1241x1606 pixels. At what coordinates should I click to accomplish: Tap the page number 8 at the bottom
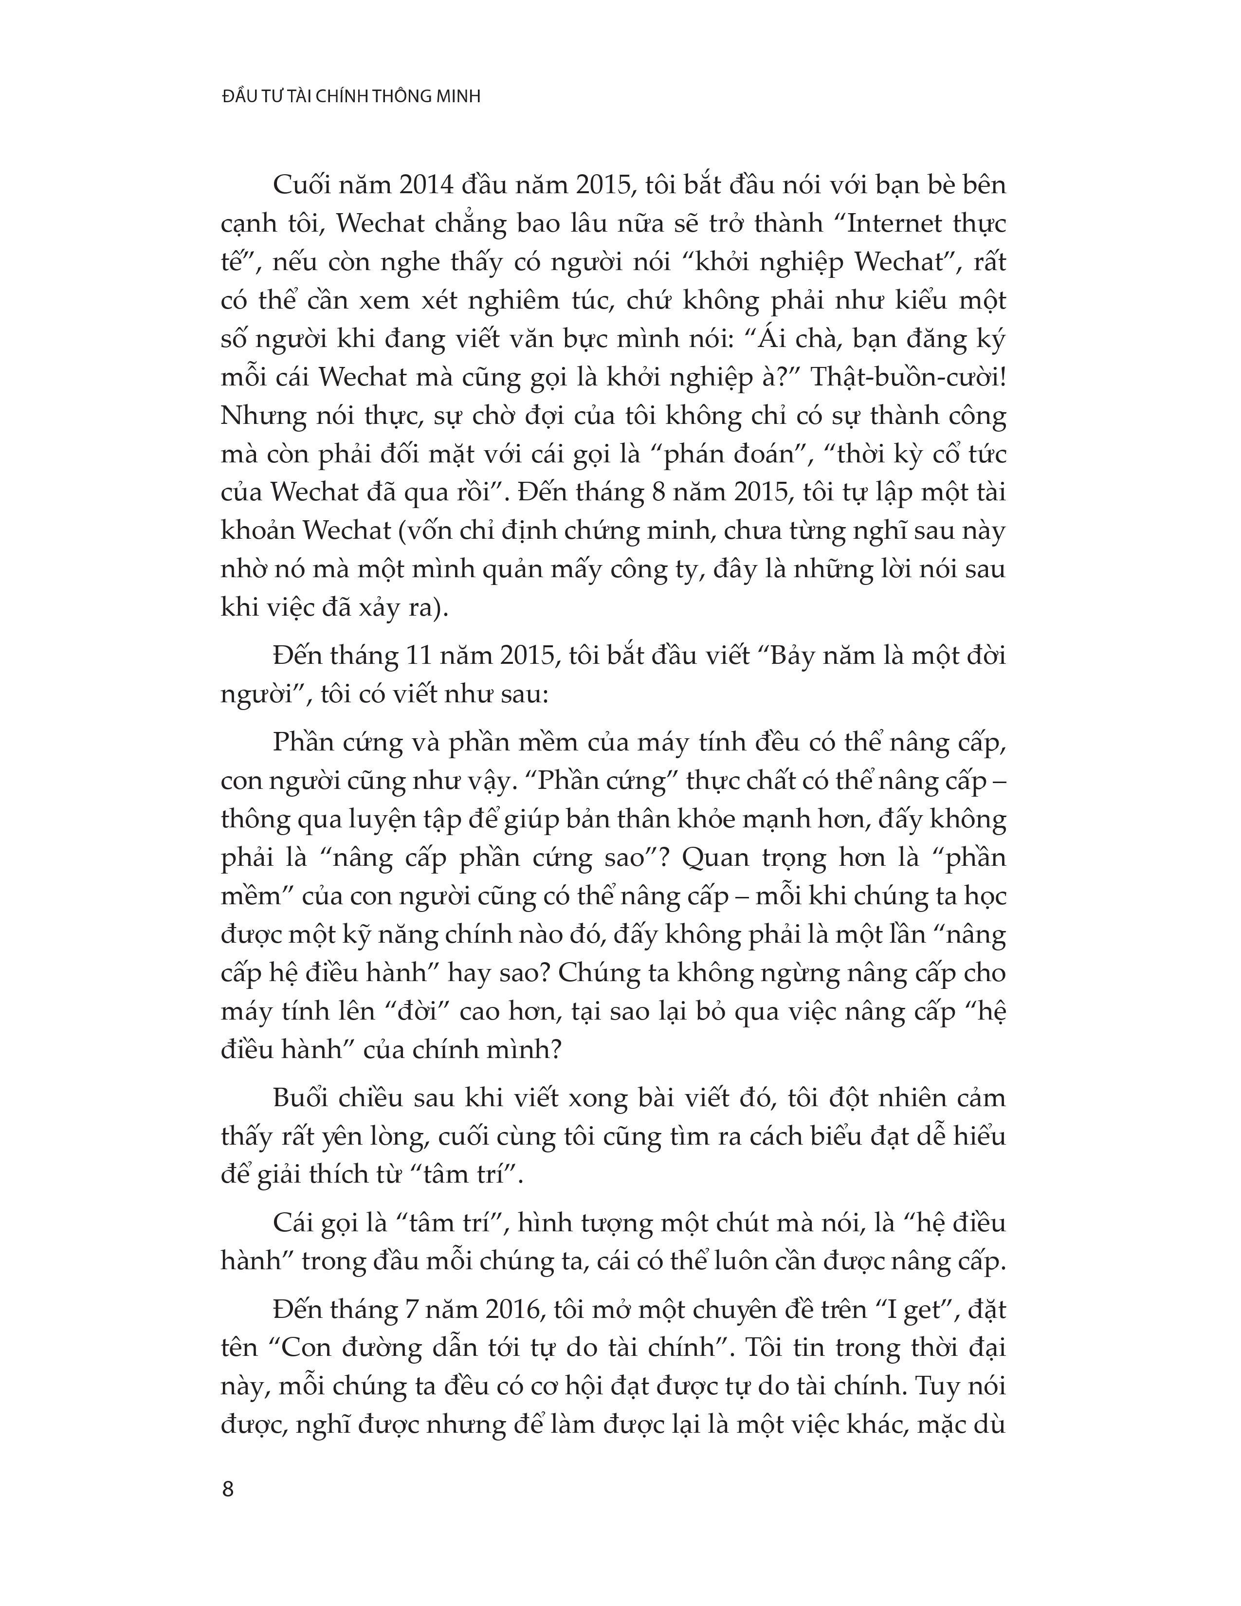point(227,1489)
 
